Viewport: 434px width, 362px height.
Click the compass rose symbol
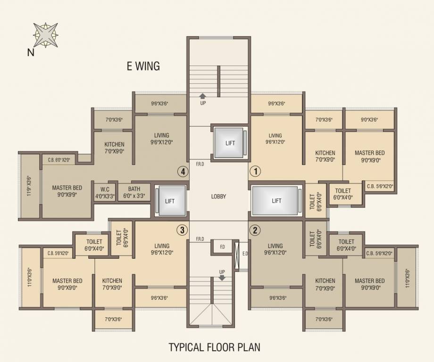click(x=46, y=34)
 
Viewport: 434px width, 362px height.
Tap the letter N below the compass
click(x=31, y=53)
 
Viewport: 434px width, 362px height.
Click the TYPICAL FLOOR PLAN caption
click(x=215, y=348)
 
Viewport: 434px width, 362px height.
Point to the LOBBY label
click(x=218, y=197)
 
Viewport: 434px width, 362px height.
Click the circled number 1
click(x=255, y=171)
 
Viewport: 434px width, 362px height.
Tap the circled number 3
click(x=182, y=230)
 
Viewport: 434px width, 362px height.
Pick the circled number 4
click(x=182, y=171)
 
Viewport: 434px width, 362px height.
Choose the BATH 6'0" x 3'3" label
click(x=134, y=192)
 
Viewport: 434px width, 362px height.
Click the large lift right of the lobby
click(x=276, y=201)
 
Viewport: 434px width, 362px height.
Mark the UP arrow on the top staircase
click(x=203, y=96)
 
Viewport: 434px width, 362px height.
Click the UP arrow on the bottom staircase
click(x=222, y=278)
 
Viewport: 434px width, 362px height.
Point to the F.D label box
click(x=222, y=246)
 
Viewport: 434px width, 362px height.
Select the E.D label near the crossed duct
click(x=245, y=253)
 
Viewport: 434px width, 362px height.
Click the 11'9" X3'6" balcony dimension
click(x=29, y=186)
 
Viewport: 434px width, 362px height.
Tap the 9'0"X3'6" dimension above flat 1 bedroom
click(x=369, y=120)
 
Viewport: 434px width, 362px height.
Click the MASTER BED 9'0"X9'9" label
click(x=67, y=190)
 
